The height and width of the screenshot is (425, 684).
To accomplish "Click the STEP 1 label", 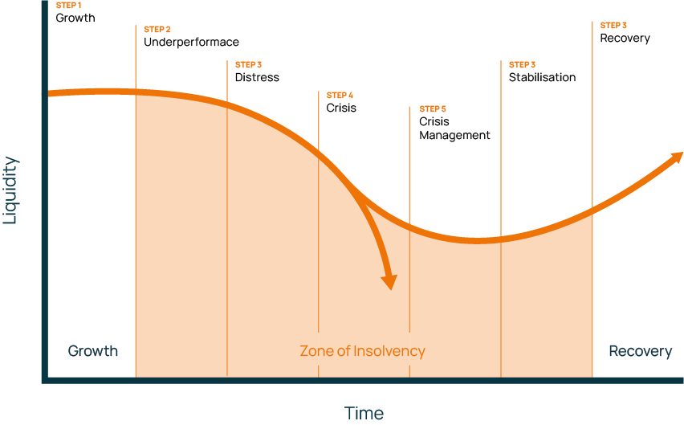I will coord(68,6).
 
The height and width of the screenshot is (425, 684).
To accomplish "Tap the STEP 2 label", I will coord(157,30).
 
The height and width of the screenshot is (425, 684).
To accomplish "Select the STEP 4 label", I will coord(340,96).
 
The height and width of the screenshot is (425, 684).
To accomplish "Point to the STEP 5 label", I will coord(432,109).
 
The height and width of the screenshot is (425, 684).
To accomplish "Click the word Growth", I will coord(92,351).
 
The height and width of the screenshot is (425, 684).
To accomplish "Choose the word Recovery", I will coord(640,351).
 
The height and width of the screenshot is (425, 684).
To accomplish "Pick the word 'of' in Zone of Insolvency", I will coord(344,351).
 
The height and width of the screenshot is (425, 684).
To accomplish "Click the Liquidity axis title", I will coord(10,190).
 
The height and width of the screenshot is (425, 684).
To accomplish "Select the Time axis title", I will coord(364,414).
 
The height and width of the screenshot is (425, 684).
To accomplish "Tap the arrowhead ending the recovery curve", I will coord(675,156).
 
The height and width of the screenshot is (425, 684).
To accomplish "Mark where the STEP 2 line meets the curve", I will coord(136,92).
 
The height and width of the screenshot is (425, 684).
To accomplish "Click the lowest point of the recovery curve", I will coord(478,239).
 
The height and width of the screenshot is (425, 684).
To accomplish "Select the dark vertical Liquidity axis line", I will coord(44,201).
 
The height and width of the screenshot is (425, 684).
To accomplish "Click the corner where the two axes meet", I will coord(44,380).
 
